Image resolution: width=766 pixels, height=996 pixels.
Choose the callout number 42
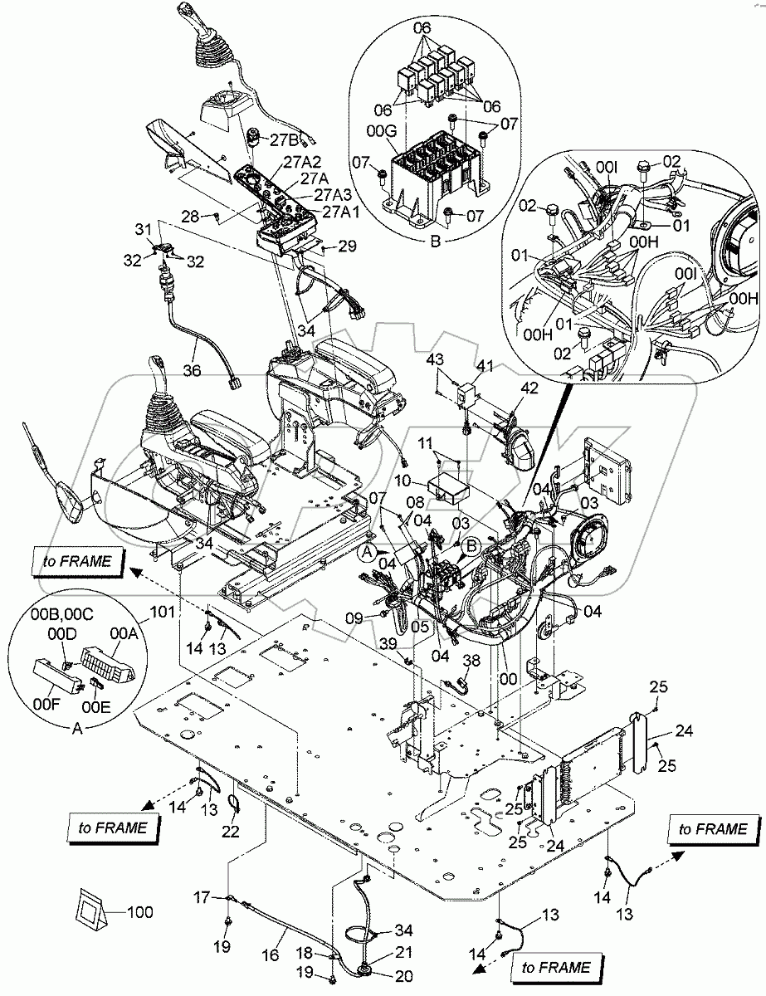pos(529,388)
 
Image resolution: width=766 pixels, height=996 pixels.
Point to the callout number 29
pos(347,247)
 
